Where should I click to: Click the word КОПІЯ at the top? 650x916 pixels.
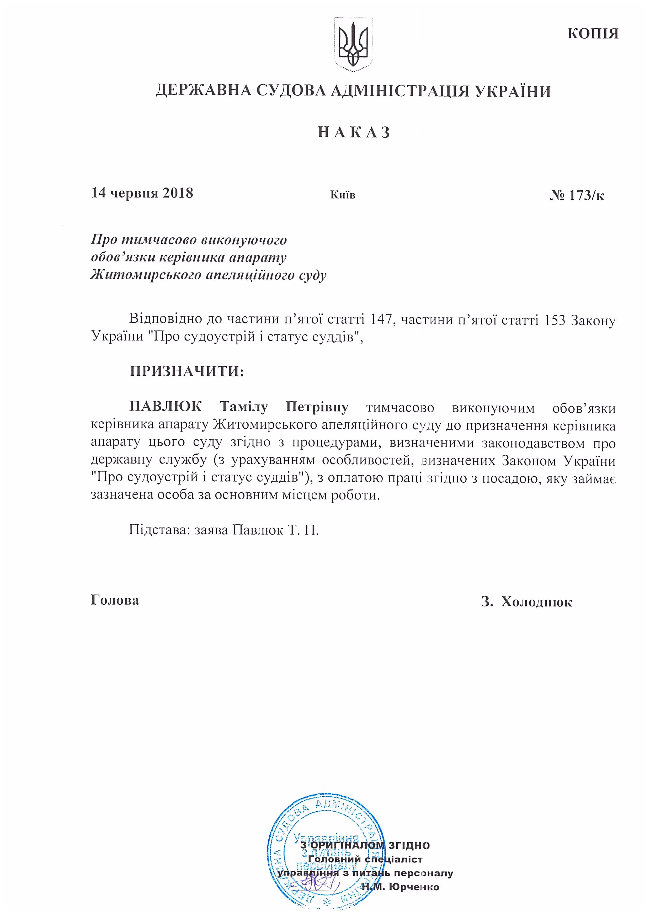[x=593, y=34]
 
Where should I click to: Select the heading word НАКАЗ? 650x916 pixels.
[x=354, y=132]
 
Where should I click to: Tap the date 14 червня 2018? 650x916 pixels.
[x=142, y=193]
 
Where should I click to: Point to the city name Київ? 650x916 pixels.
[x=343, y=195]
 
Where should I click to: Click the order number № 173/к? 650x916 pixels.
[x=577, y=195]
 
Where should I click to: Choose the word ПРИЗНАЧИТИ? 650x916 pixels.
[x=187, y=371]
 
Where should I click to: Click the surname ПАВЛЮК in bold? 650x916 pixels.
[x=165, y=407]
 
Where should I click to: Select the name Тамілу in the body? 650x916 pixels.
[x=243, y=407]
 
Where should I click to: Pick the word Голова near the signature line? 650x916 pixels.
[x=115, y=600]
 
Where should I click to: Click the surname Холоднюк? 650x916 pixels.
[x=537, y=602]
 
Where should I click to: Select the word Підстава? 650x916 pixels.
[x=159, y=530]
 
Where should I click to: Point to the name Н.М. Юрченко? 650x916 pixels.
[x=400, y=887]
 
